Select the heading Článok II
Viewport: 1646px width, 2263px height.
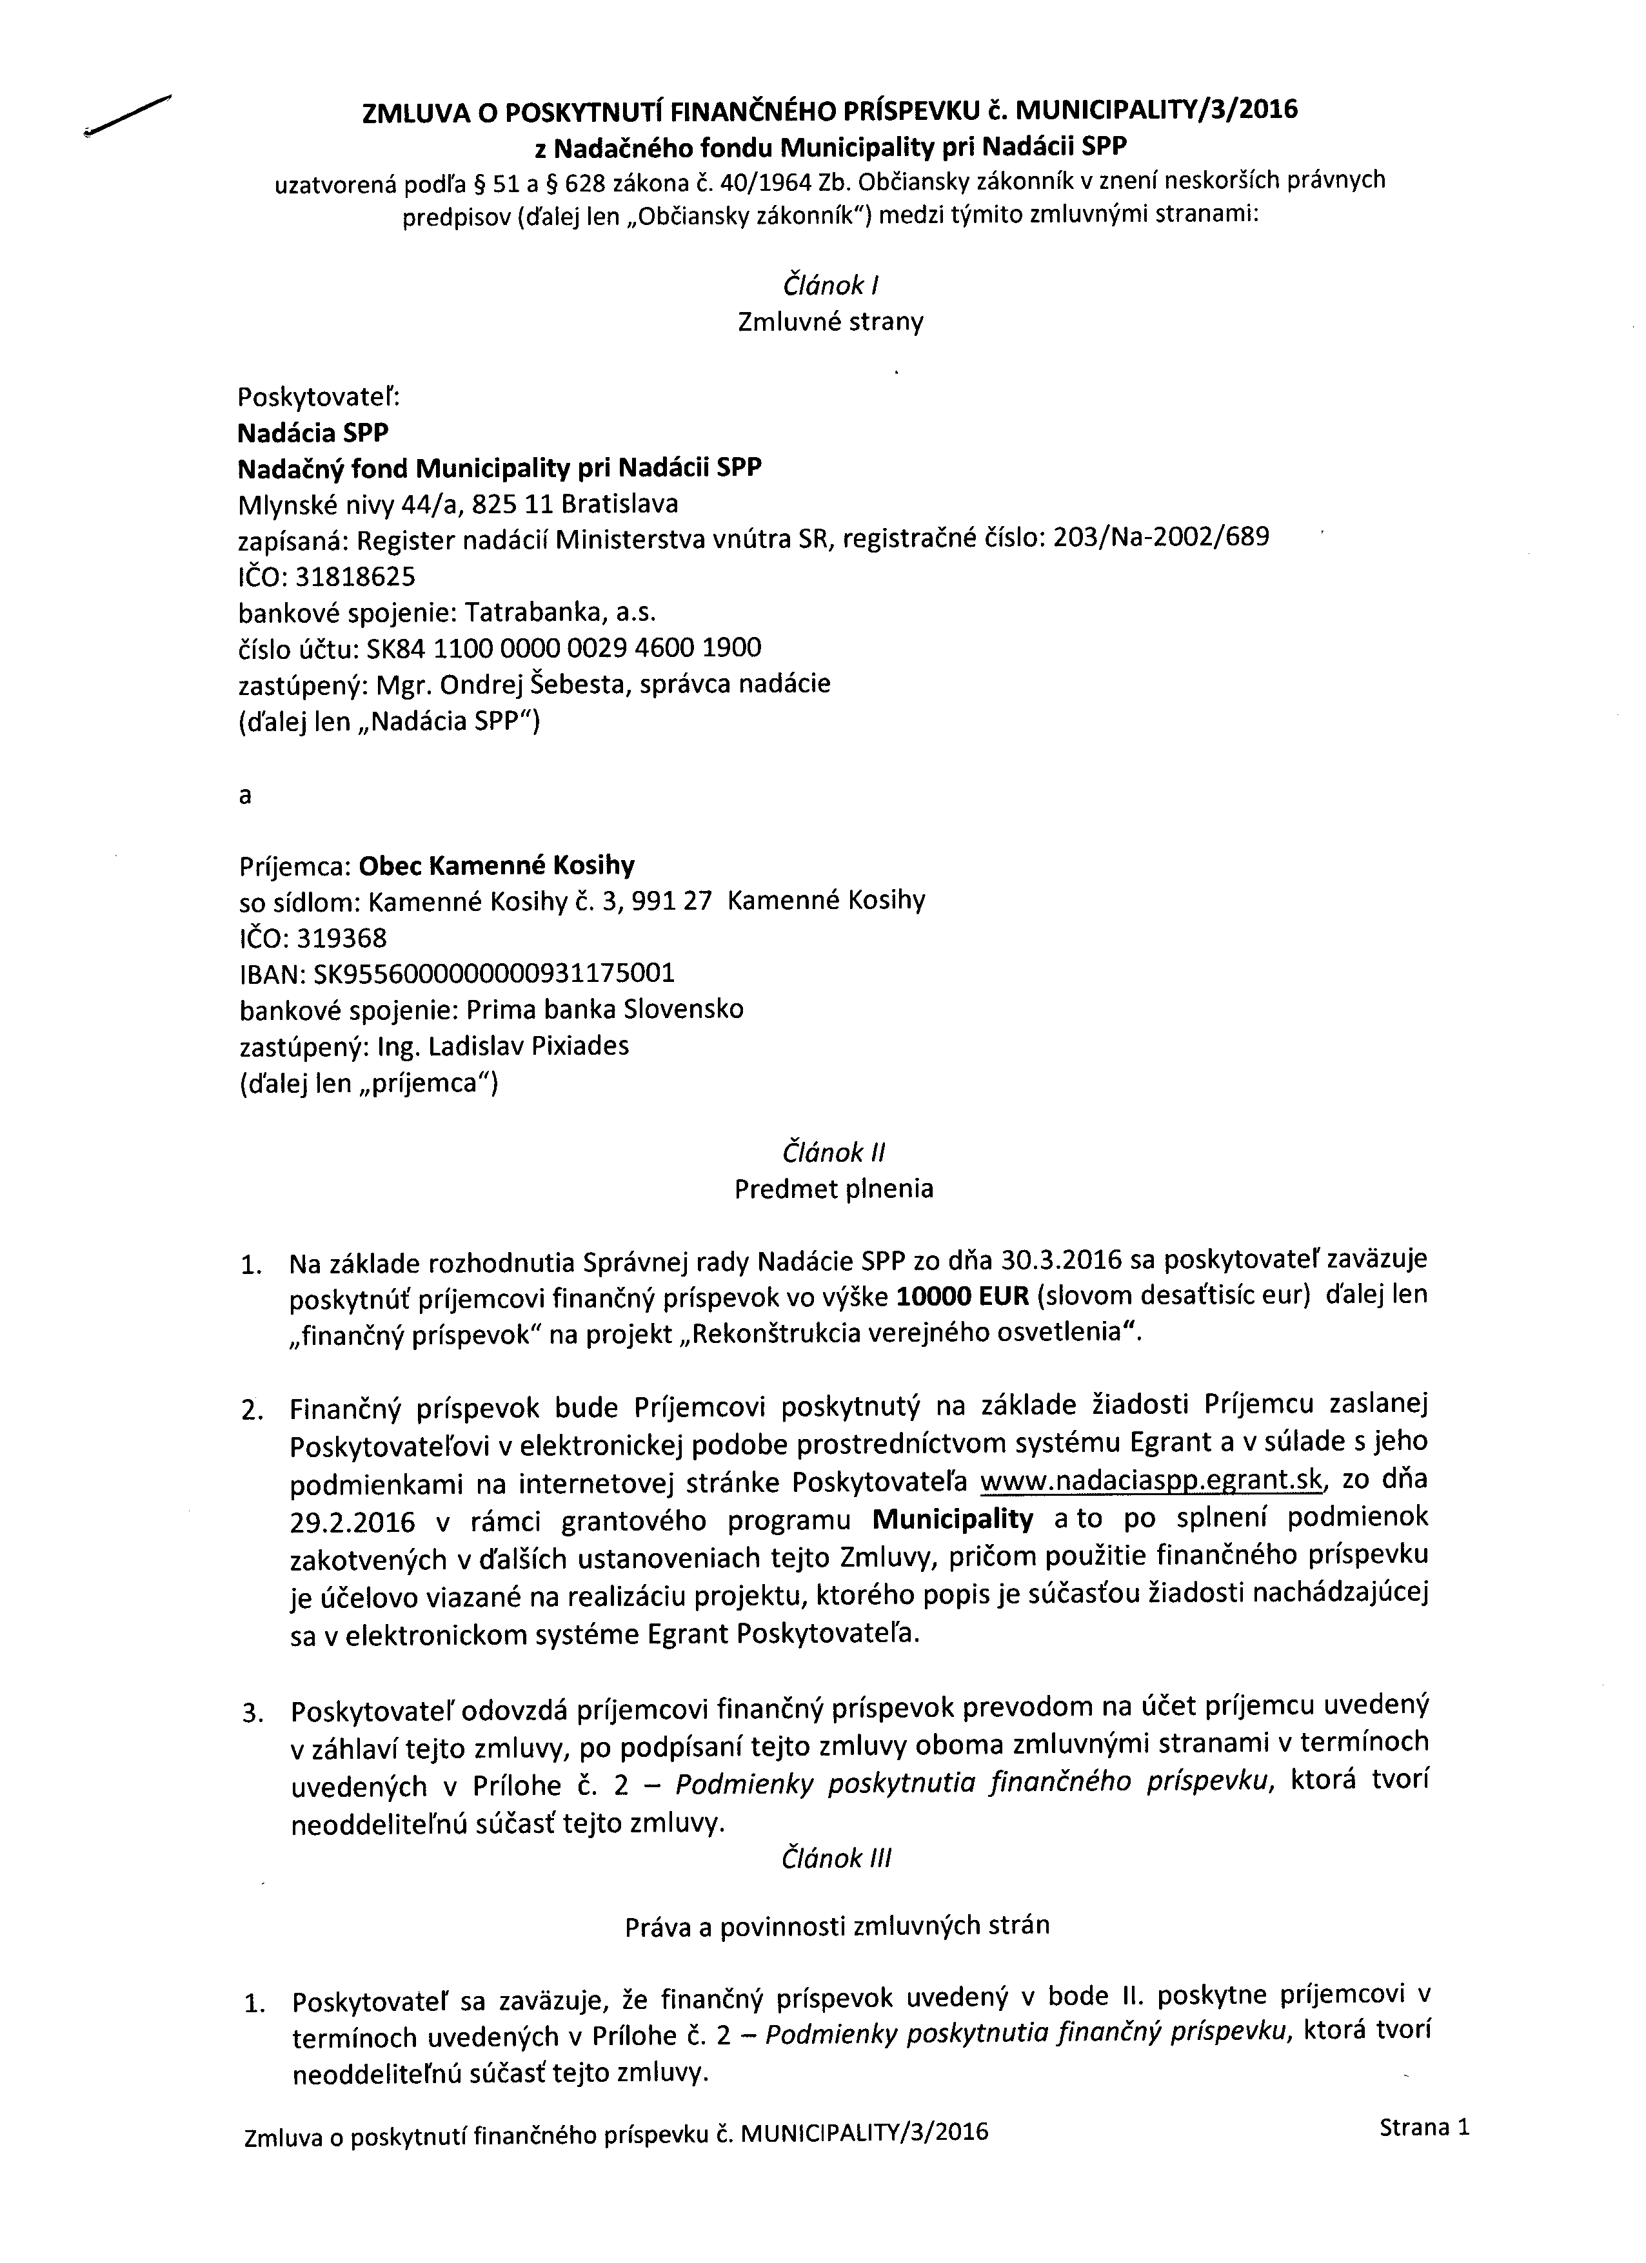tap(833, 1153)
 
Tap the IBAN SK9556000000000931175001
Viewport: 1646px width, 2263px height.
tap(494, 973)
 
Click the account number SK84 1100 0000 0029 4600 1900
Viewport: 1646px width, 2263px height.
tap(564, 649)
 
